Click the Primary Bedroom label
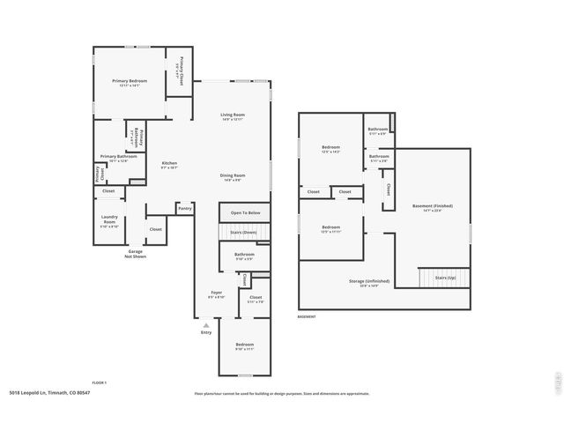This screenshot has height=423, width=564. [130, 81]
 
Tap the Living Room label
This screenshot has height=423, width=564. [233, 115]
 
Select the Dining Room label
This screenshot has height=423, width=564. [233, 175]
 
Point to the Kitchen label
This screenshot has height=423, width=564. [169, 163]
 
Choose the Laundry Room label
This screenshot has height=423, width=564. [109, 218]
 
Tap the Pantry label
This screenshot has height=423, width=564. [185, 209]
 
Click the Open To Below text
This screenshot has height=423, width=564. [245, 213]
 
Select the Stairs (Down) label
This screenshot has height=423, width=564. [244, 233]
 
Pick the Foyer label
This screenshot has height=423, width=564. [216, 293]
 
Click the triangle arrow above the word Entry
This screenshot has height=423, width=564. [206, 325]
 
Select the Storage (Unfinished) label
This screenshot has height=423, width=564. [357, 281]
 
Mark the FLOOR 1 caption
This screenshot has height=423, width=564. [100, 382]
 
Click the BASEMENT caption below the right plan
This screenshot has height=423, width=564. [307, 316]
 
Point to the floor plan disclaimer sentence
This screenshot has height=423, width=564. [281, 394]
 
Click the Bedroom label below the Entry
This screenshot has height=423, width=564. [244, 345]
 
